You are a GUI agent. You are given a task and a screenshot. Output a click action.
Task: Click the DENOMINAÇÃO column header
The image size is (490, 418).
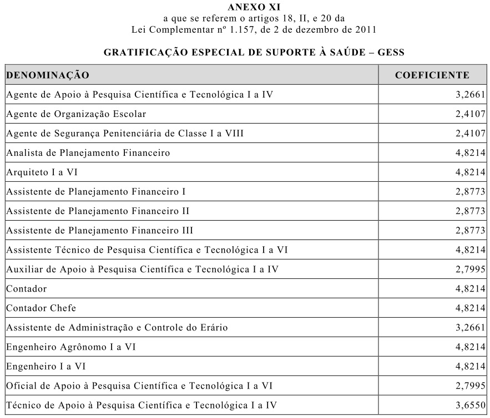(x=48, y=75)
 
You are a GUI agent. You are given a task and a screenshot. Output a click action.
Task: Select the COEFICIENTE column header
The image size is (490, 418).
(x=432, y=75)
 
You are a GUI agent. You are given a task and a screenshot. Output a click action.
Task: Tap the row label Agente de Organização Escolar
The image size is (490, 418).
(x=76, y=114)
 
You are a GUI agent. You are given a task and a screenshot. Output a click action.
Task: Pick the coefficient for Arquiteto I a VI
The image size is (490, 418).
(x=471, y=172)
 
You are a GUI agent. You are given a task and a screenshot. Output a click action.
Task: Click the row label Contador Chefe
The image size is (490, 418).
(x=41, y=308)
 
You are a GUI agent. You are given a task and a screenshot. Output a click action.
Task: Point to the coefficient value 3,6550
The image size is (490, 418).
(x=471, y=405)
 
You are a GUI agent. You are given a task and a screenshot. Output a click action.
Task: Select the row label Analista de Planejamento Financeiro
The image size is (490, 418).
(x=88, y=152)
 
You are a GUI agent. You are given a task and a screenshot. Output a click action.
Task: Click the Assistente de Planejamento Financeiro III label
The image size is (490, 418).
(x=100, y=230)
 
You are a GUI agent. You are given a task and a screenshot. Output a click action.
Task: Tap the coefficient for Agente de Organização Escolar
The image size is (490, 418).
(x=471, y=114)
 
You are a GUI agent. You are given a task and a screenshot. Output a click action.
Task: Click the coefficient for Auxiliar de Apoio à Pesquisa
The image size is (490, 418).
(x=471, y=269)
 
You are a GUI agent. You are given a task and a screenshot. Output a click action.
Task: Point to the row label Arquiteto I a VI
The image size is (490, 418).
(x=42, y=172)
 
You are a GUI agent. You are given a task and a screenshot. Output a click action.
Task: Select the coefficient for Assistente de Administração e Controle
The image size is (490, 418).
(x=471, y=327)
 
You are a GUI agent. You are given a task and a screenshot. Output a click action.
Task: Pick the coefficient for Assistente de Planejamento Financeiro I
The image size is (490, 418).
(x=471, y=191)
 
